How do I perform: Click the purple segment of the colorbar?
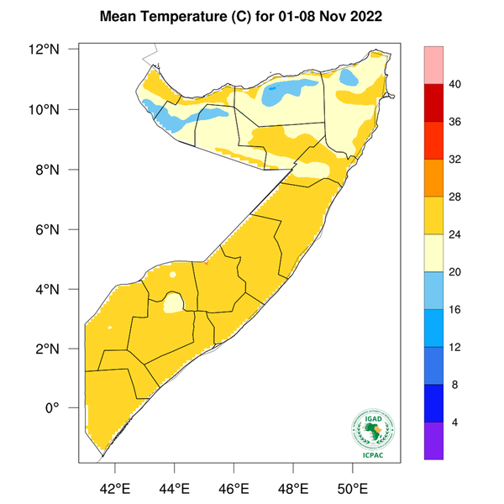(434, 440)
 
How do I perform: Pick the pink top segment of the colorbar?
(434, 66)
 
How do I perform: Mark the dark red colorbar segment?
(434, 103)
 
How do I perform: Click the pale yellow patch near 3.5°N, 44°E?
(174, 302)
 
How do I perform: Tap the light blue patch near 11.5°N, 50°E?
(352, 77)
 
